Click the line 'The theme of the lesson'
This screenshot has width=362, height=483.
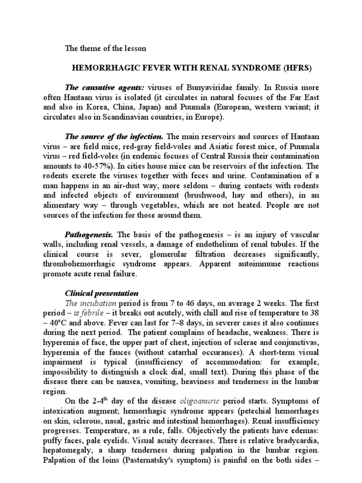click(x=106, y=48)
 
